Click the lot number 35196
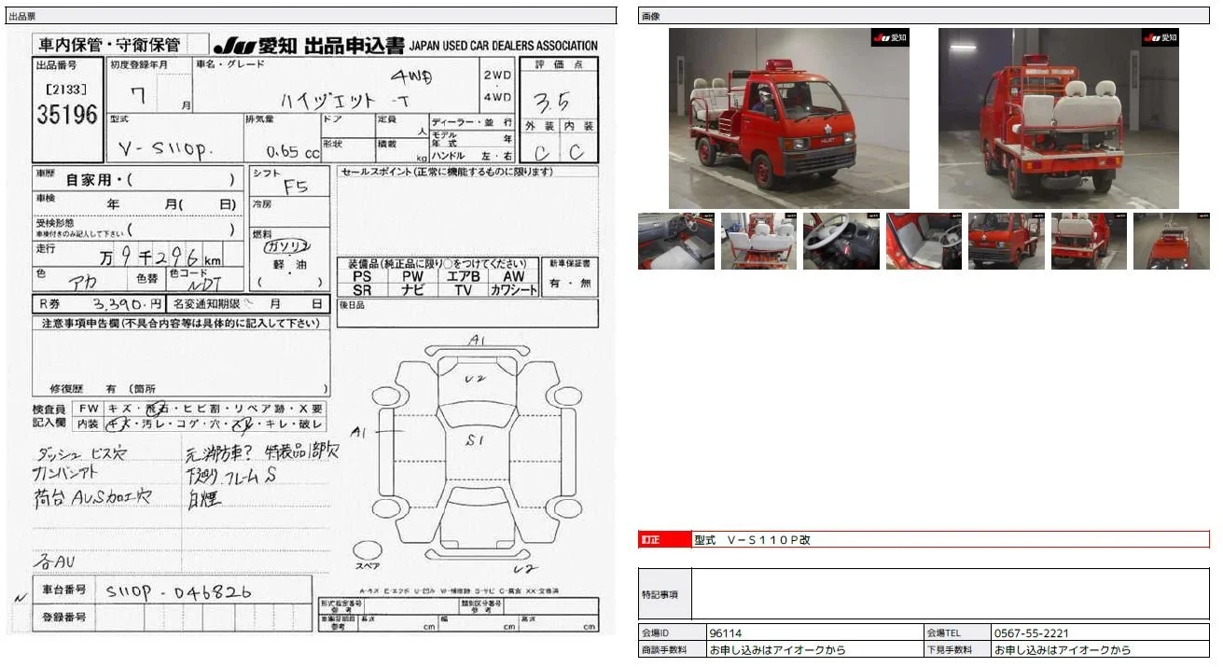(x=66, y=115)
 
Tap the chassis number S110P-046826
(x=178, y=591)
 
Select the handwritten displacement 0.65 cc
(x=292, y=152)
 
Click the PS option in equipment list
(x=362, y=276)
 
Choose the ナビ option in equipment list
(x=411, y=290)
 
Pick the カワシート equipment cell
(x=514, y=290)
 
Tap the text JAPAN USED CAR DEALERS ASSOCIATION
(x=503, y=46)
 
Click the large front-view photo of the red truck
(x=788, y=118)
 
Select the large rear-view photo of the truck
(x=1058, y=118)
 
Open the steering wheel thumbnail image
(x=841, y=242)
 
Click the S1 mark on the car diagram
(x=475, y=440)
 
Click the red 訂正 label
(x=650, y=540)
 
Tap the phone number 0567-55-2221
(x=1031, y=633)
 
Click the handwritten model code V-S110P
(x=160, y=150)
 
